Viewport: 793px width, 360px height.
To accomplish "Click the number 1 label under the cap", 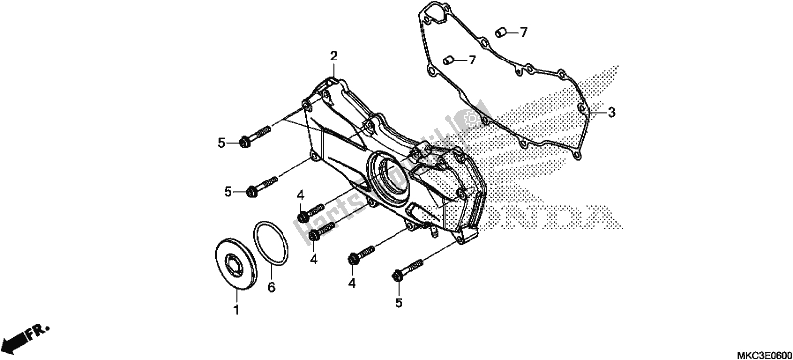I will pyautogui.click(x=235, y=311).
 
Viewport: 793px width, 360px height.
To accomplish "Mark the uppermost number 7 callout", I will pyautogui.click(x=524, y=33).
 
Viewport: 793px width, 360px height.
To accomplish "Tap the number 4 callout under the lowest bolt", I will pyautogui.click(x=351, y=283).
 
